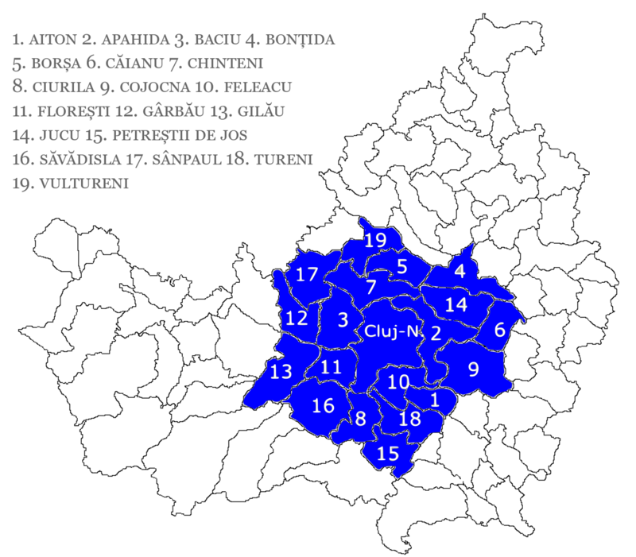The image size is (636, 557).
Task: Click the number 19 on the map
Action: pyautogui.click(x=374, y=241)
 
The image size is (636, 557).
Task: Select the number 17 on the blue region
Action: pyautogui.click(x=307, y=275)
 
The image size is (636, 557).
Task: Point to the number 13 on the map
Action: pyautogui.click(x=281, y=371)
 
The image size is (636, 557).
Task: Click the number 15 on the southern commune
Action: pyautogui.click(x=387, y=454)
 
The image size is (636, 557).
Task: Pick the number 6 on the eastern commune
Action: pyautogui.click(x=500, y=330)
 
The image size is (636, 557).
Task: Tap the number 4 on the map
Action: pyautogui.click(x=460, y=270)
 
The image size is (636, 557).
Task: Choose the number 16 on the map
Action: pyautogui.click(x=323, y=406)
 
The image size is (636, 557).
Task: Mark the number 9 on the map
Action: pyautogui.click(x=474, y=369)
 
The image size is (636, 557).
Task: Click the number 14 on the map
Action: pyautogui.click(x=456, y=304)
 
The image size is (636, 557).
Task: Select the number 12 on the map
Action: pyautogui.click(x=296, y=319)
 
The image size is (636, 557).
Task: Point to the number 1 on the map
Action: pyautogui.click(x=434, y=400)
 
